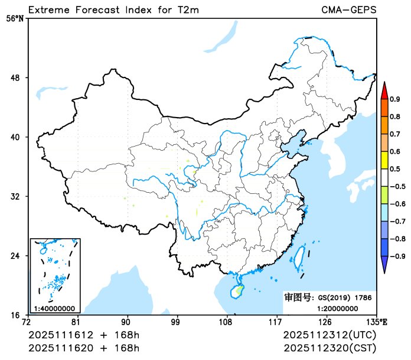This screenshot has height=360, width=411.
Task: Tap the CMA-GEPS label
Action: coord(348,10)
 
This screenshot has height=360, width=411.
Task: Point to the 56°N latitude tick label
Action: coord(16,18)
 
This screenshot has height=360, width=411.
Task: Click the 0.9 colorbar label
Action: coord(394,99)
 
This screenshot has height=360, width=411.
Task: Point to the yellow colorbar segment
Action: coord(384,160)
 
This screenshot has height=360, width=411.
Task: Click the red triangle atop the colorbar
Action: coord(384,90)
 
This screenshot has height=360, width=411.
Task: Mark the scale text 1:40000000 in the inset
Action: coord(54,308)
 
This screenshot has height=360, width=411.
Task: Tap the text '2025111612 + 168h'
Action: coord(84,335)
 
